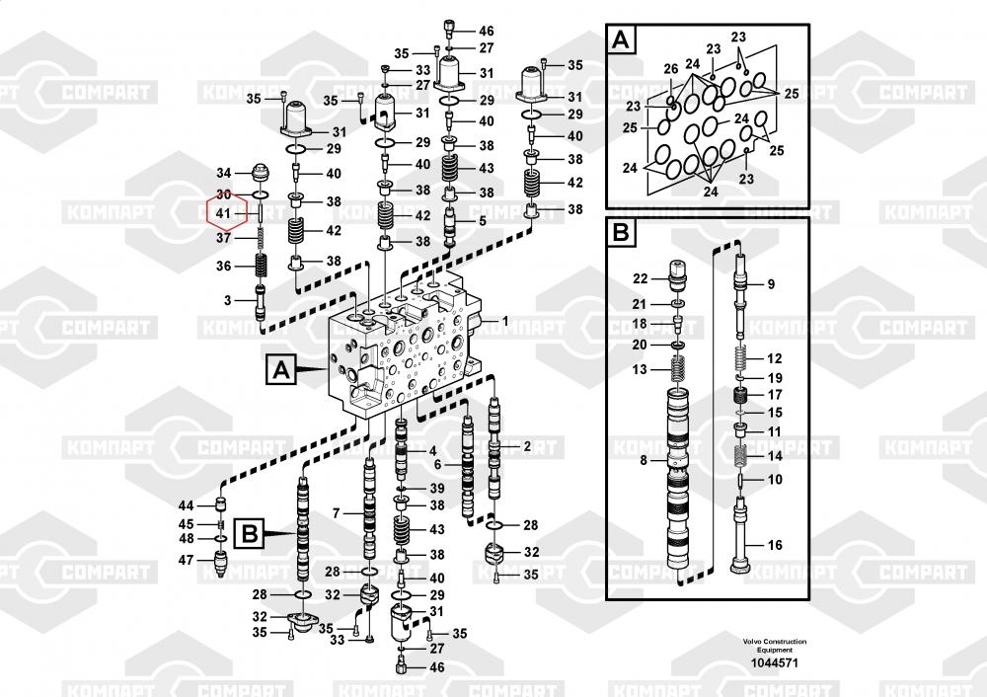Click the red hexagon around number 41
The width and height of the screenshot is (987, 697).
208,213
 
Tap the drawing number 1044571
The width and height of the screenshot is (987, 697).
774,663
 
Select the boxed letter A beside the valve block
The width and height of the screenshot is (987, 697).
280,369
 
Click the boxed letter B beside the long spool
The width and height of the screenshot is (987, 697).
250,534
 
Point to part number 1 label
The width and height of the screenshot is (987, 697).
504,321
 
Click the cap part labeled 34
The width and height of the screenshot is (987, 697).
260,173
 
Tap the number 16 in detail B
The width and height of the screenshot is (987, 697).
775,545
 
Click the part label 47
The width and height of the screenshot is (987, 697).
186,559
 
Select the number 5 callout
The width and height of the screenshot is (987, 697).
483,221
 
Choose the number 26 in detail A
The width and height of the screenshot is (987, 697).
671,69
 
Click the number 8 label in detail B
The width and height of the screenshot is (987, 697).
644,460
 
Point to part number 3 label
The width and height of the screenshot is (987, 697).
228,300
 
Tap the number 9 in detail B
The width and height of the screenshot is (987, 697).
771,284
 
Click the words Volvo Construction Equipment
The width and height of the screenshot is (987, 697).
774,646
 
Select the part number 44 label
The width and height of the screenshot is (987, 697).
186,505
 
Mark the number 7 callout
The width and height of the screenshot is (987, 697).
337,513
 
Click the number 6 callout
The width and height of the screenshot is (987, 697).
438,465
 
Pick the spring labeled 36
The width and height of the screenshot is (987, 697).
260,266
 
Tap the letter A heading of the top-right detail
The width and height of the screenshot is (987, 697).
621,39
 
